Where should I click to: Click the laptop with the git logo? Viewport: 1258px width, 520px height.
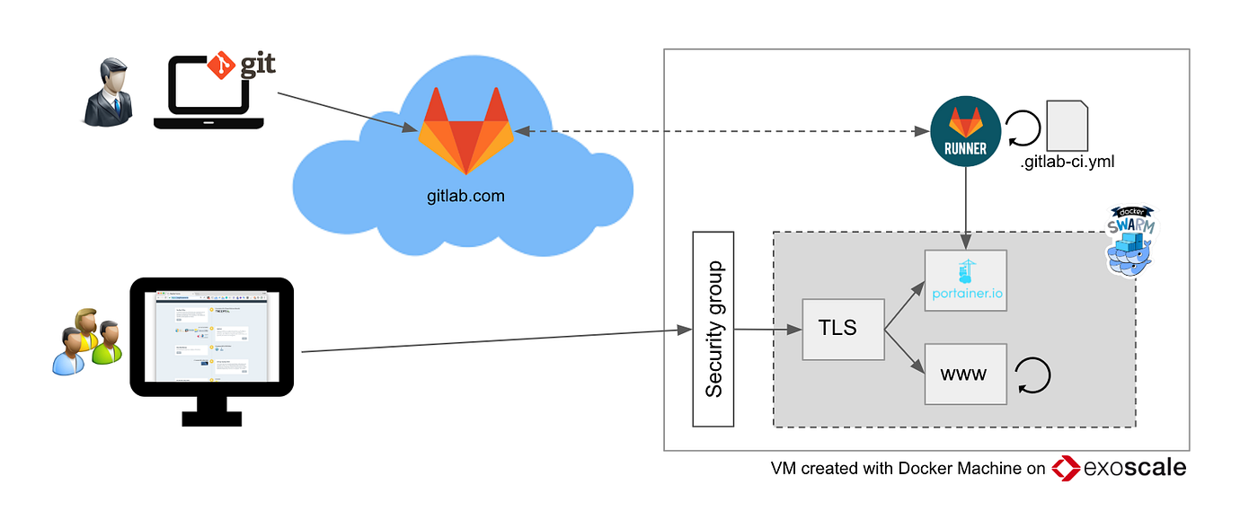pos(208,94)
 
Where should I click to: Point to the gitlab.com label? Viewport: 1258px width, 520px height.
pos(465,194)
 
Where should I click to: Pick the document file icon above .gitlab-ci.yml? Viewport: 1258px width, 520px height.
pos(1068,126)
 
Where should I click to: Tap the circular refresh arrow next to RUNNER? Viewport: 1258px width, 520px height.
pos(1023,129)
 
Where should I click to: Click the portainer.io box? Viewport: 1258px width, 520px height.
pos(966,280)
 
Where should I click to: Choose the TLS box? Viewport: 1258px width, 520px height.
pos(843,329)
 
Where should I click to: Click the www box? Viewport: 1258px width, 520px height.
pos(965,374)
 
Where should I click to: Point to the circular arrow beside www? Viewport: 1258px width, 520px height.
pos(1032,375)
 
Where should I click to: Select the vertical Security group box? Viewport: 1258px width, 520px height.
pos(713,329)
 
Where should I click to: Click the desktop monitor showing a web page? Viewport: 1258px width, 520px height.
pos(213,341)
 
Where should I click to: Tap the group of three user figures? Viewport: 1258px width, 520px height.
pos(85,341)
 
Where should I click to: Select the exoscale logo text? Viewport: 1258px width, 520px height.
pos(1134,468)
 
